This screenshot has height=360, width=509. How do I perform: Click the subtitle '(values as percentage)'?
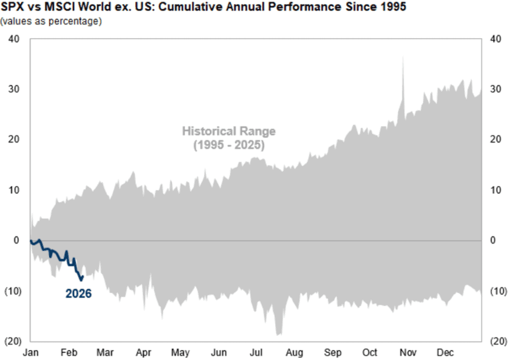pyautogui.click(x=51, y=22)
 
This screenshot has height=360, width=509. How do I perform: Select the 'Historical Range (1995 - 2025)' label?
pyautogui.click(x=229, y=138)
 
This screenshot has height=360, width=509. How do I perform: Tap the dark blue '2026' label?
pyautogui.click(x=78, y=294)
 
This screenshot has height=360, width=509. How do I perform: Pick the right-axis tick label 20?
pyautogui.click(x=495, y=140)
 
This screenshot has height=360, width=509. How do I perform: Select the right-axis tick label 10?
pyautogui.click(x=495, y=190)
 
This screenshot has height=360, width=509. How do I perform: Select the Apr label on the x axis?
pyautogui.click(x=143, y=352)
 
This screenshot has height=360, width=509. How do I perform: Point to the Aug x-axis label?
pyautogui.click(x=294, y=352)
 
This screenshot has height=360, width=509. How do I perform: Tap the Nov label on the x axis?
pyautogui.click(x=408, y=352)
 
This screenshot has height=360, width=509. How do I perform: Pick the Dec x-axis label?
pyautogui.click(x=445, y=352)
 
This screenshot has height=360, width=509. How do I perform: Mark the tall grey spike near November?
pyautogui.click(x=403, y=59)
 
